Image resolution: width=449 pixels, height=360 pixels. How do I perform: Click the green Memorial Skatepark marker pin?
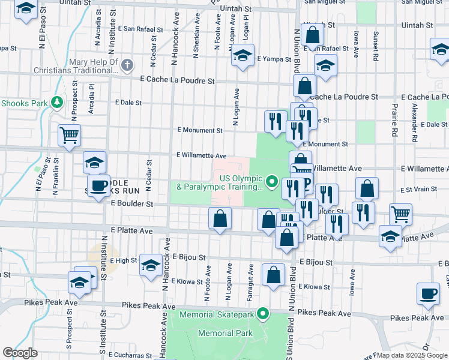tap(263, 313)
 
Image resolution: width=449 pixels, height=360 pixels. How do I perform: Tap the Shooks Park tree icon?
tap(57, 103)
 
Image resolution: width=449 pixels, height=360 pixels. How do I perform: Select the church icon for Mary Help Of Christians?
tap(126, 65)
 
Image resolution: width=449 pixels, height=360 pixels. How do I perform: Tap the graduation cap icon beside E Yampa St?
tap(243, 55)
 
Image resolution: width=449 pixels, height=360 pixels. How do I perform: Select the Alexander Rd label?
tap(414, 122)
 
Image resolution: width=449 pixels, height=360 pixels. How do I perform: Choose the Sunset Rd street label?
tap(375, 46)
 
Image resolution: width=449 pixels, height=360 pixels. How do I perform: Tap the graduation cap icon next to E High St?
tap(150, 265)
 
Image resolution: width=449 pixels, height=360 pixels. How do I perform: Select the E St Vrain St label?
tap(417, 189)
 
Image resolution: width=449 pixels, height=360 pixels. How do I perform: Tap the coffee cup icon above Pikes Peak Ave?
tap(427, 293)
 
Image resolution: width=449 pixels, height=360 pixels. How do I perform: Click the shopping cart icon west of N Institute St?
tap(70, 135)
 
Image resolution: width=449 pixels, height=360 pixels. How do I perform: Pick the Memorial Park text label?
tap(225, 333)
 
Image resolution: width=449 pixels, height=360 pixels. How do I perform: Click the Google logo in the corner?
tap(20, 353)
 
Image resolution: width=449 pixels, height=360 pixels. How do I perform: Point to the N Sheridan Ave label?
tap(196, 35)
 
